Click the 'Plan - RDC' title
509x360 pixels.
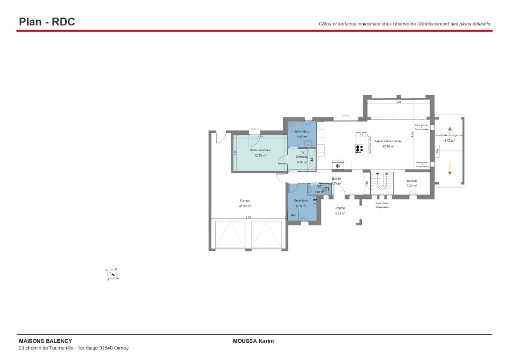click(47, 22)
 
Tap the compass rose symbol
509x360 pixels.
click(112, 274)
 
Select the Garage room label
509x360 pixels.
click(245, 201)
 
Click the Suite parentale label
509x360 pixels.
click(260, 150)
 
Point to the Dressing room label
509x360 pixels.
click(302, 157)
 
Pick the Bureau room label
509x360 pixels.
click(412, 181)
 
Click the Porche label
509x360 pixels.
click(340, 208)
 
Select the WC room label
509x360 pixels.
click(319, 187)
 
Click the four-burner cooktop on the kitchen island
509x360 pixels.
click(359, 148)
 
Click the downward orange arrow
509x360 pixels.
click(450, 170)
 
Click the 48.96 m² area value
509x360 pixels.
click(388, 146)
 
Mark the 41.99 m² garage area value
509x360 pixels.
click(245, 206)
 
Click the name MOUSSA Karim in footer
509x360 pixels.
click(253, 341)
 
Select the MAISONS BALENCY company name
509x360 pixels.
click(45, 341)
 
